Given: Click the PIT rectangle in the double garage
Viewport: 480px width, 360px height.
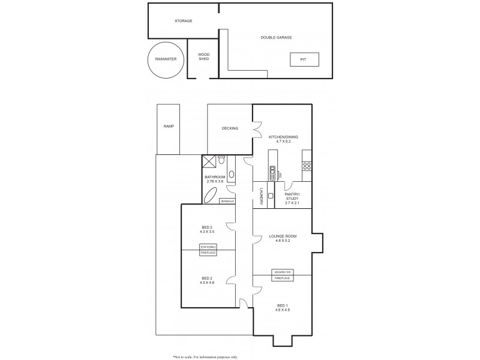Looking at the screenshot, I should click(304, 60).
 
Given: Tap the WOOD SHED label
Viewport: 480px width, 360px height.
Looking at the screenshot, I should click(203, 57).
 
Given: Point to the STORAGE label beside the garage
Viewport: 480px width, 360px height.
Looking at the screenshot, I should click(183, 21).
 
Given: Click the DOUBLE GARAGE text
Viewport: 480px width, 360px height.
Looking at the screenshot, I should click(276, 37).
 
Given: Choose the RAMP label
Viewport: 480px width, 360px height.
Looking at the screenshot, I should click(168, 127).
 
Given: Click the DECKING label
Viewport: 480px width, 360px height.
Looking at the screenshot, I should click(230, 128).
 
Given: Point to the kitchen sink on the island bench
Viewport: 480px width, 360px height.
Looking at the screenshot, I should click(272, 173).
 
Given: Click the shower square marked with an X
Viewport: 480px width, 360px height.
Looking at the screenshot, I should click(209, 161).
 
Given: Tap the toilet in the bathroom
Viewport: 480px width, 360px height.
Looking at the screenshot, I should click(221, 160).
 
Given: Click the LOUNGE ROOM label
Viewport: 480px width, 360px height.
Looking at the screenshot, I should click(283, 236).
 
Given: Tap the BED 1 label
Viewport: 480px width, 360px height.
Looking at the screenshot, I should click(282, 305).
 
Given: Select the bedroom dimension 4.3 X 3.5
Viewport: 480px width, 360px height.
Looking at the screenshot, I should click(206, 232).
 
